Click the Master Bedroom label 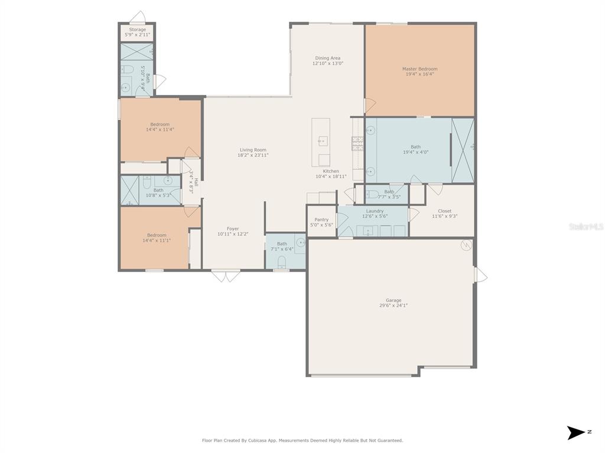pos(420,69)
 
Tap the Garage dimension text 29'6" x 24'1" pos(393,306)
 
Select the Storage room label pos(137,29)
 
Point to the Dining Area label pos(327,58)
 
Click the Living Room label pos(253,150)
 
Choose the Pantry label pos(321,219)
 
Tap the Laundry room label pos(375,211)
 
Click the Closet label pos(444,211)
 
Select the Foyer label pos(233,229)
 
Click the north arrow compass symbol pos(576,432)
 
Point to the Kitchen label pos(331,171)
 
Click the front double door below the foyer pos(226,276)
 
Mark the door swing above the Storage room pos(137,17)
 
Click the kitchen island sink pos(323,141)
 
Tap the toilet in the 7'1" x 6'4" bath pos(282,261)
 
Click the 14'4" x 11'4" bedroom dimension pos(160,130)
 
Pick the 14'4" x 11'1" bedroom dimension pos(157,241)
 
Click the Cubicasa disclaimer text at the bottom pos(302,440)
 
